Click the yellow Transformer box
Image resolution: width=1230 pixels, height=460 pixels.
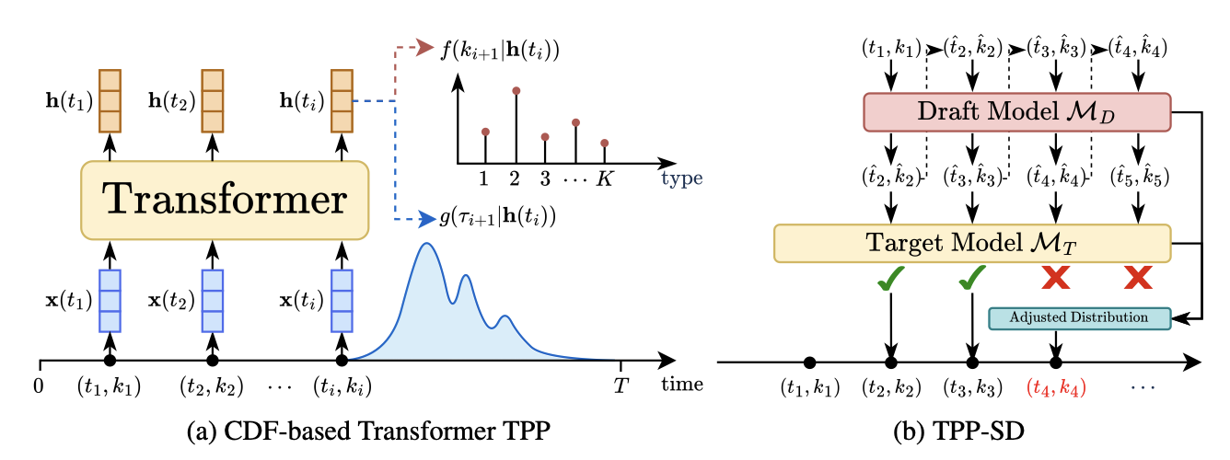(225, 201)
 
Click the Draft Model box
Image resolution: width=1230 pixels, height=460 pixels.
(1017, 112)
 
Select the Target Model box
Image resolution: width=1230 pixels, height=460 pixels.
(972, 243)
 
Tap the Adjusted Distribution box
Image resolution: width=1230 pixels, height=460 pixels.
(1079, 318)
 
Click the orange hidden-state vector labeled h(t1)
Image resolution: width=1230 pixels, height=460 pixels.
(110, 101)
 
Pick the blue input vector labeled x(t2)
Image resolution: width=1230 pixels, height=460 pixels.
(213, 301)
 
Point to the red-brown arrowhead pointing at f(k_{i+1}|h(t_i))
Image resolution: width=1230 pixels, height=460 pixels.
(425, 47)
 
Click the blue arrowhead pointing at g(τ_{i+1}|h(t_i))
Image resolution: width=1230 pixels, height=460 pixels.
(427, 219)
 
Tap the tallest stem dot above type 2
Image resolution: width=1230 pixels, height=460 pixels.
(516, 91)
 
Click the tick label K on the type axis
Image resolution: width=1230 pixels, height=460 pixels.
(604, 178)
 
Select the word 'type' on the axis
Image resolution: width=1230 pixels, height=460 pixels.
(682, 178)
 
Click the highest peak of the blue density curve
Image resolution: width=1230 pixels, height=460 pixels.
(426, 244)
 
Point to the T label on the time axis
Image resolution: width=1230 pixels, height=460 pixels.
(621, 385)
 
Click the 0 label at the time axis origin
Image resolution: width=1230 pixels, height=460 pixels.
(39, 386)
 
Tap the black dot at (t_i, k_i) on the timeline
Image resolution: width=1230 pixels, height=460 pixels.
(342, 361)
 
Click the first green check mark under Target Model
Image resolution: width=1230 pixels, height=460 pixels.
(890, 278)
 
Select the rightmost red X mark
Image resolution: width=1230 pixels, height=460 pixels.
(1138, 278)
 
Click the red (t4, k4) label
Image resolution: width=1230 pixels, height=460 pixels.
(1056, 388)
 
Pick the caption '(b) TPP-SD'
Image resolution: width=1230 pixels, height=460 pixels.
(958, 431)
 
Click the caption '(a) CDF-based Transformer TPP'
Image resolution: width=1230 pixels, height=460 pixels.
(368, 431)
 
